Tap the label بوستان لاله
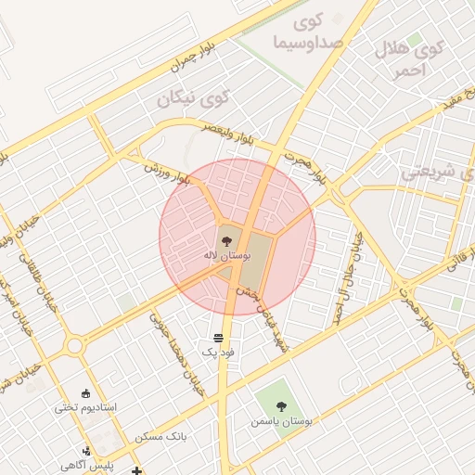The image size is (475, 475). click(x=222, y=254)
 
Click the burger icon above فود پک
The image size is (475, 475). click(x=217, y=337)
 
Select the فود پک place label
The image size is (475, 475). click(x=219, y=353)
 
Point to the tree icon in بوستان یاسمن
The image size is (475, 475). click(x=282, y=404)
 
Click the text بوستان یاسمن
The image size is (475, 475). click(x=282, y=421)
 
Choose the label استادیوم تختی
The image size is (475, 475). click(x=86, y=407)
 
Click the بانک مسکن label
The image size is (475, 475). click(x=160, y=435)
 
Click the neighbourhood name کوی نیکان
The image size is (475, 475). click(x=201, y=97)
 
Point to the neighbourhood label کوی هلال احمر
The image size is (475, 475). click(x=409, y=58)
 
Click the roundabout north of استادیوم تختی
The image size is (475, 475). click(x=73, y=346)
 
